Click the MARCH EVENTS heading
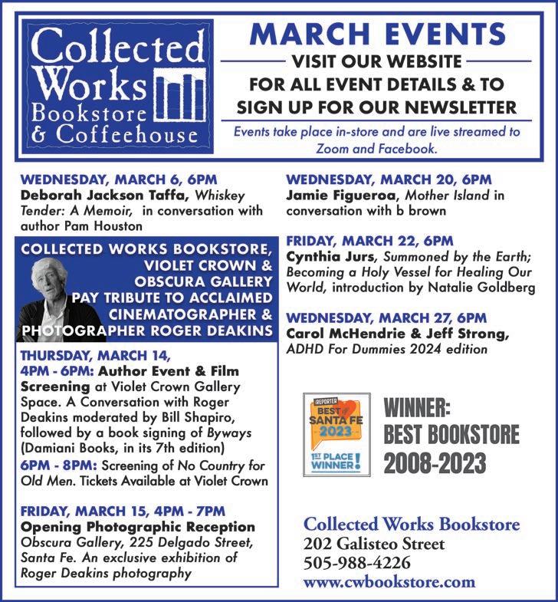380,34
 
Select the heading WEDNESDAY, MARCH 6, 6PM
119,179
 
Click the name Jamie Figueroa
337,195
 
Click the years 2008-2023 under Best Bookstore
435,462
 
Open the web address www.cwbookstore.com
389,582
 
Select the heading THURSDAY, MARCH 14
96,357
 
